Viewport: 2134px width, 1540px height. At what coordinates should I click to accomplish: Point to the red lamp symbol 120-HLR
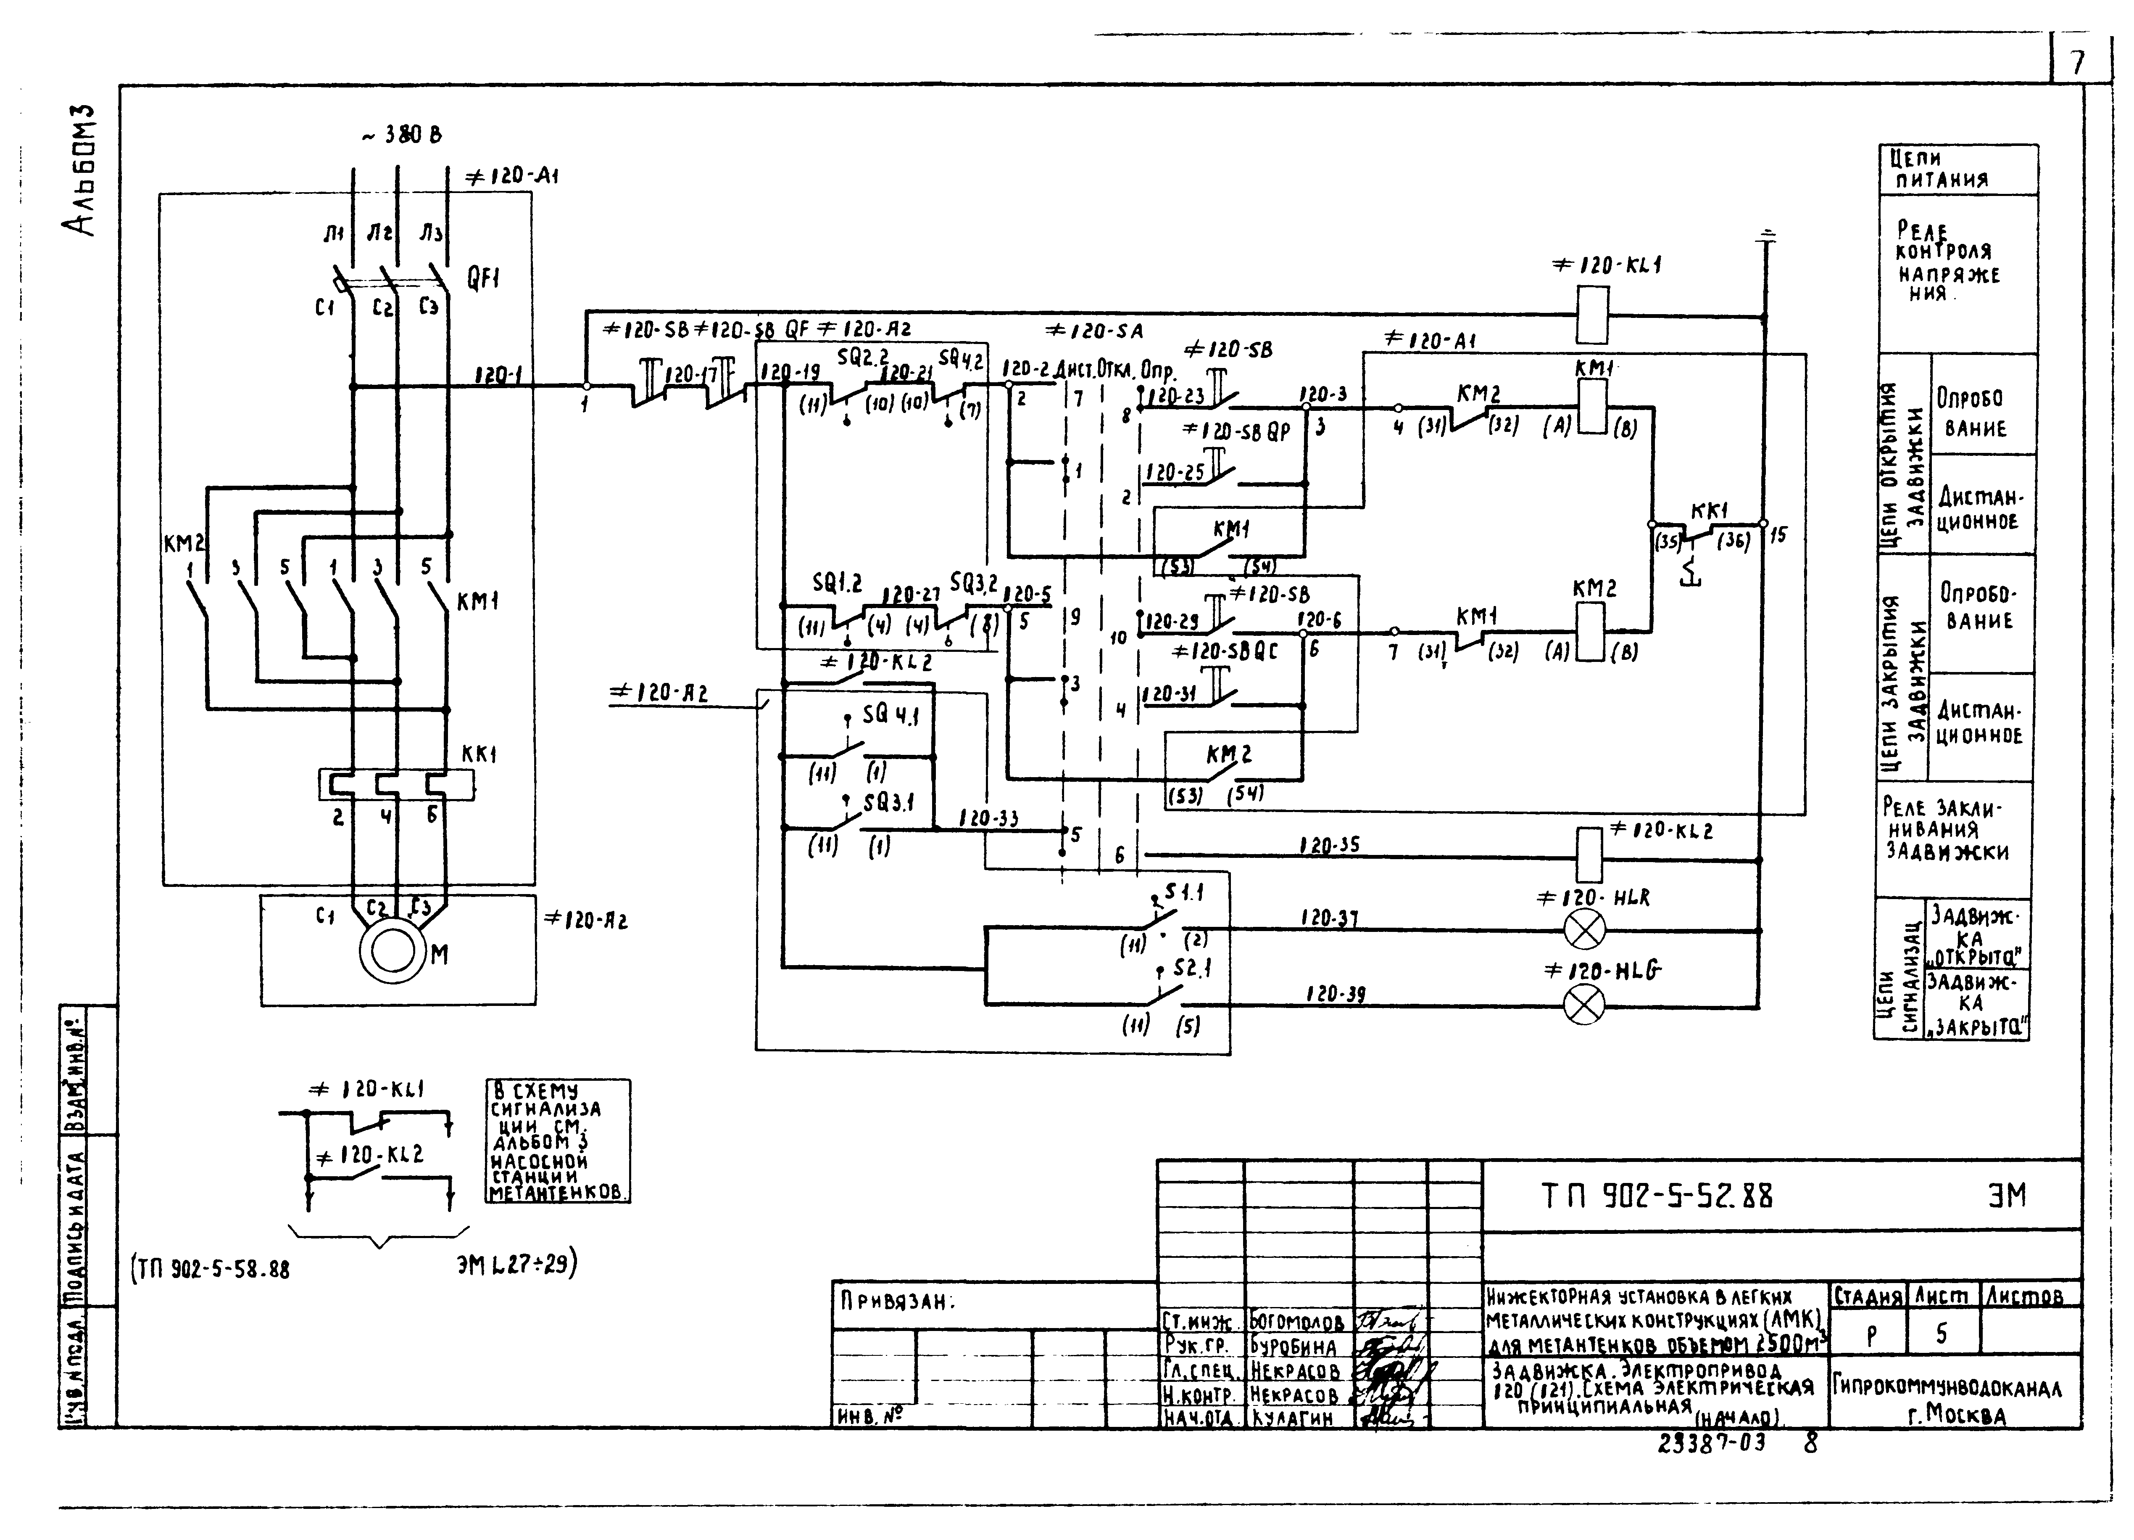(x=1583, y=931)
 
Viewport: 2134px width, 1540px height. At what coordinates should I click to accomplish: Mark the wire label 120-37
(x=1330, y=918)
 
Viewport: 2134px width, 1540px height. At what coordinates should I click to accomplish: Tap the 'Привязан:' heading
(x=896, y=1302)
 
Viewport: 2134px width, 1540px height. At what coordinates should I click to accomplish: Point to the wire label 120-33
(x=988, y=818)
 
